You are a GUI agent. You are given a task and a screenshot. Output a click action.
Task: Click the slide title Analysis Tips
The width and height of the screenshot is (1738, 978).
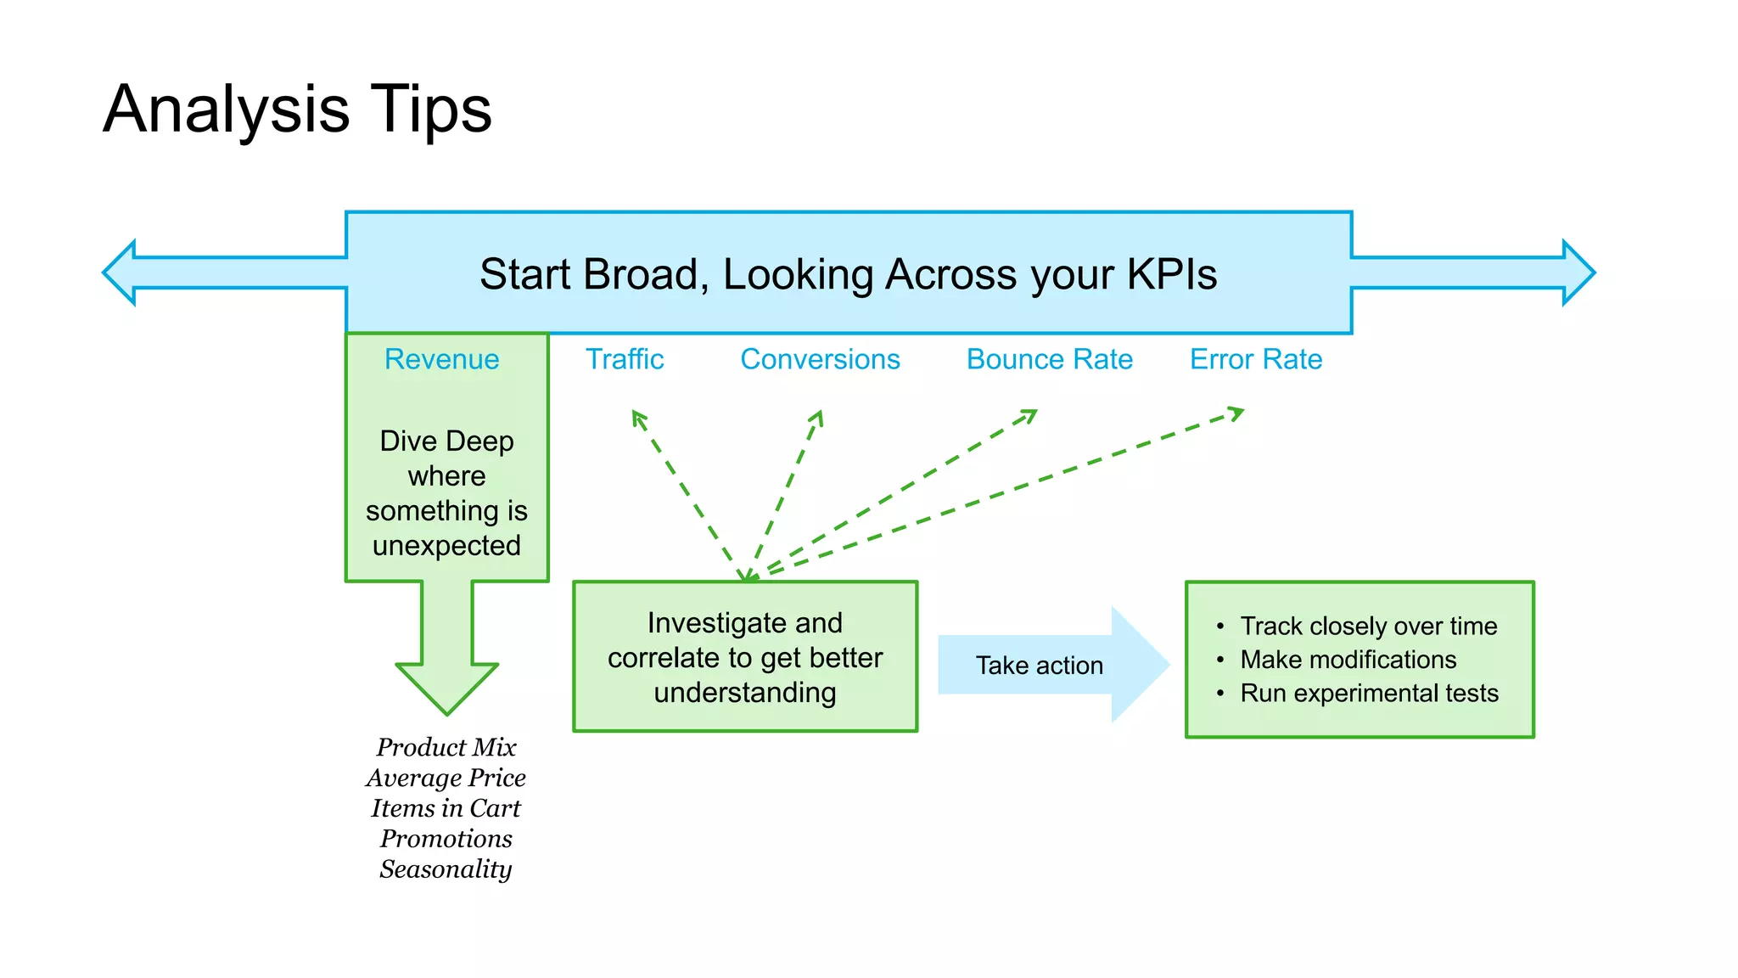pos(297,109)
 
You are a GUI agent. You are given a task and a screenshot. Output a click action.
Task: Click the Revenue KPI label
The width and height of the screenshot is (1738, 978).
pos(441,359)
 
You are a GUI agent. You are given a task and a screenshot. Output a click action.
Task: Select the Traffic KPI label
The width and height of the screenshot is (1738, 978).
pos(625,359)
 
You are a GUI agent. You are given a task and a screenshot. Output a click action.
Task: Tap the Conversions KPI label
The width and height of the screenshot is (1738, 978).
pos(820,359)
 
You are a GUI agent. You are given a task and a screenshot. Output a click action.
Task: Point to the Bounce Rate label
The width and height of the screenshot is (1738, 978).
pos(1049,359)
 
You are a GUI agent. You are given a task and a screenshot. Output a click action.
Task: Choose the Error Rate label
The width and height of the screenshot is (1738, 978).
pos(1255,359)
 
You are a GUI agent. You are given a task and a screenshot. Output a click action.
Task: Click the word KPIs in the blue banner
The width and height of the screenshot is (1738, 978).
pos(1171,274)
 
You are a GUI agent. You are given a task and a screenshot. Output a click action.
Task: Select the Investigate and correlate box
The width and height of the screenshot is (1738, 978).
pos(745,657)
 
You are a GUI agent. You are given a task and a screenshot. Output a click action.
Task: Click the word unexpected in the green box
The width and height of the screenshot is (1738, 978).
pos(446,545)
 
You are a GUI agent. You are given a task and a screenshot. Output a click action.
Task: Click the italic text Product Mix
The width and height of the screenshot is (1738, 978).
pos(446,747)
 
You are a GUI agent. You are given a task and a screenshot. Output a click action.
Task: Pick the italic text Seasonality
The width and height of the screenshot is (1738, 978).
pos(446,868)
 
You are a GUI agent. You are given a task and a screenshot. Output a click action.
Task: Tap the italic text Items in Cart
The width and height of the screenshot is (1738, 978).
pos(446,807)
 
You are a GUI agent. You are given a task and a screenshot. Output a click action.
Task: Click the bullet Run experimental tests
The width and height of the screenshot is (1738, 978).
pos(1368,693)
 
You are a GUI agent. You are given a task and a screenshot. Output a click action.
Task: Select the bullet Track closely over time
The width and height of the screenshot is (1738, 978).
pos(1368,626)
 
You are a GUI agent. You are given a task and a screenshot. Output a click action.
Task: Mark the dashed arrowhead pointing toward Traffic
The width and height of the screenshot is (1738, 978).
pos(638,417)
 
